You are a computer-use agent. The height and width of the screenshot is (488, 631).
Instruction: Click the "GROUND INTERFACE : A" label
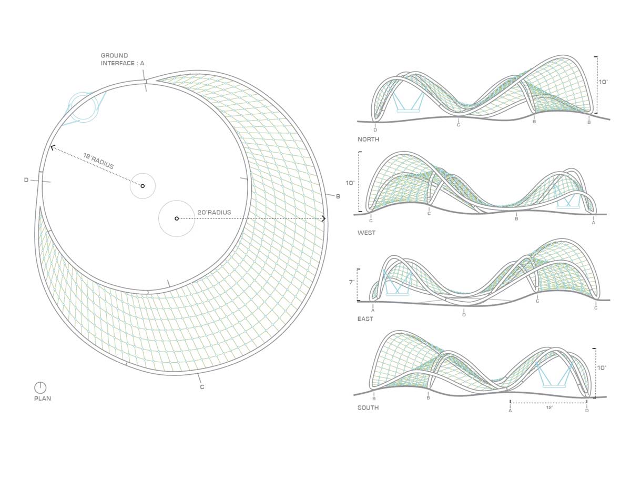[122, 59]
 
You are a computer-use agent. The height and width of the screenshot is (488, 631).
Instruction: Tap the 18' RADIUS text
[98, 161]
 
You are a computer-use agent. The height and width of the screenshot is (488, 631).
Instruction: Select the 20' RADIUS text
[215, 213]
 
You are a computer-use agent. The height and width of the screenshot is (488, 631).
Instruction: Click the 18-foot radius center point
[143, 186]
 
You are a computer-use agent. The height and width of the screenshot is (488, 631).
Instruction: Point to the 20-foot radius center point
[177, 218]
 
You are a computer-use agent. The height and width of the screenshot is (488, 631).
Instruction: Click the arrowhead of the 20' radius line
[324, 218]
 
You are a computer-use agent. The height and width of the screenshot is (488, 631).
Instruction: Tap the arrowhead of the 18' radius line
[52, 148]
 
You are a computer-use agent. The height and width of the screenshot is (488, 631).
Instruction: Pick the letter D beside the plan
[26, 180]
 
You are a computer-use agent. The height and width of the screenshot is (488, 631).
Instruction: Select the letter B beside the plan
[338, 196]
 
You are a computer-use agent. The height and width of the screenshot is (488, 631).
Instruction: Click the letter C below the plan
[202, 387]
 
